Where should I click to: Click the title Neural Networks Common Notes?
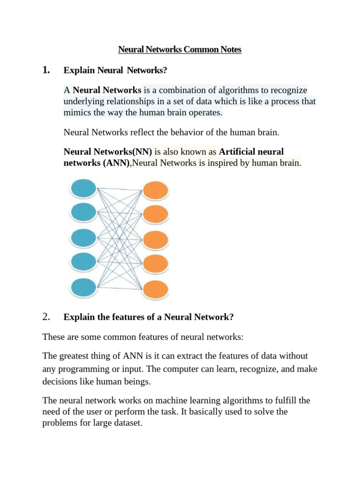coord(180,49)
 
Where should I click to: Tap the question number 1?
coord(46,70)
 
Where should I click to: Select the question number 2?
coord(46,317)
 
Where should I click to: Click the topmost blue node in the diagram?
coord(83,189)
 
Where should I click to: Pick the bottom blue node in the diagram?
coord(83,287)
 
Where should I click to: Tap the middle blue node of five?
coord(83,238)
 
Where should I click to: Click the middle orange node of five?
coord(155,240)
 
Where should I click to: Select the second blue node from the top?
coord(83,212)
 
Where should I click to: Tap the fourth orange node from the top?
coord(155,264)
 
